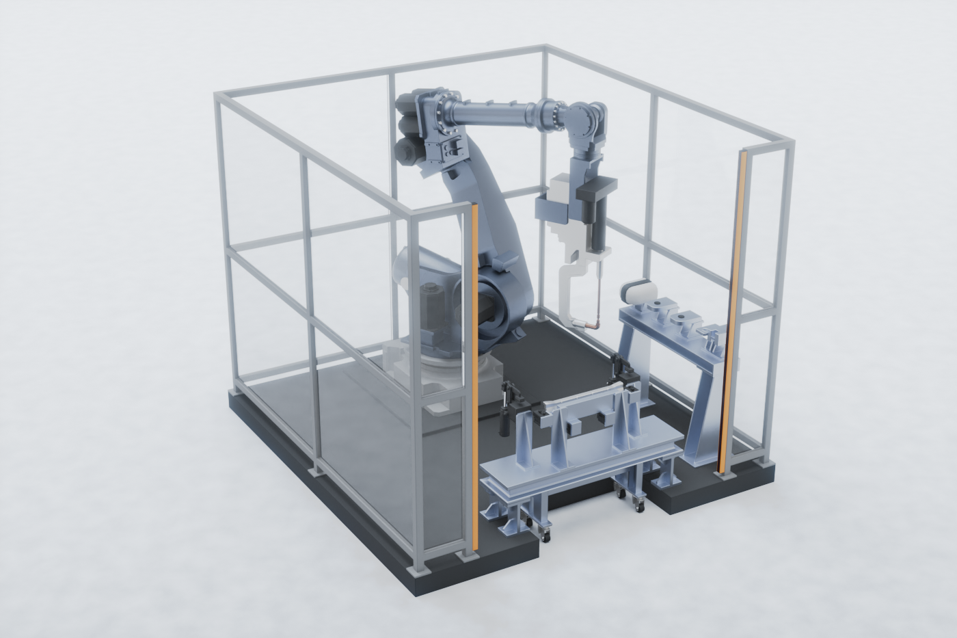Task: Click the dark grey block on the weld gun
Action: pyautogui.click(x=593, y=205)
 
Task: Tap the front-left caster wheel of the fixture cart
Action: pyautogui.click(x=546, y=535)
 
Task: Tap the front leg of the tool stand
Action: pyautogui.click(x=704, y=417)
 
